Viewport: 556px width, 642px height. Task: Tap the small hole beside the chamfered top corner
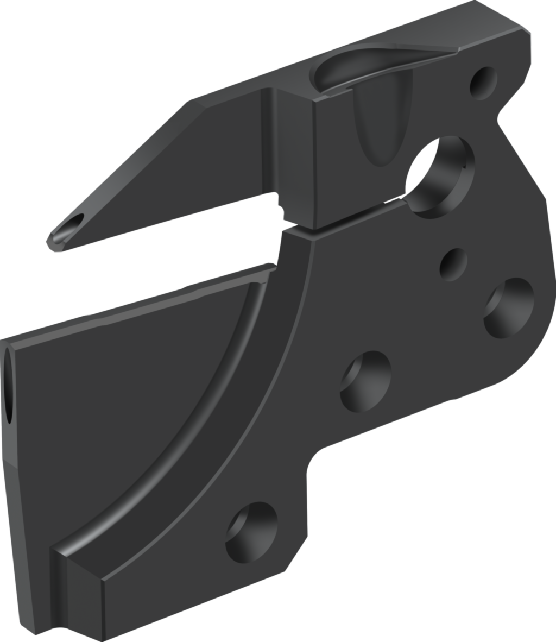(x=483, y=83)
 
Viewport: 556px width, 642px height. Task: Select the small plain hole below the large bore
(x=453, y=264)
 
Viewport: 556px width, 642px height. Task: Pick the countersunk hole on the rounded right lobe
(x=509, y=307)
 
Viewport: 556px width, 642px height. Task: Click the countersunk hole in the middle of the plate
(x=365, y=380)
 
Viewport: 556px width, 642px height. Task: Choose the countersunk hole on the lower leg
(x=251, y=532)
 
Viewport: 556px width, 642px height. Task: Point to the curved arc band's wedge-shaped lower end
(x=81, y=570)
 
